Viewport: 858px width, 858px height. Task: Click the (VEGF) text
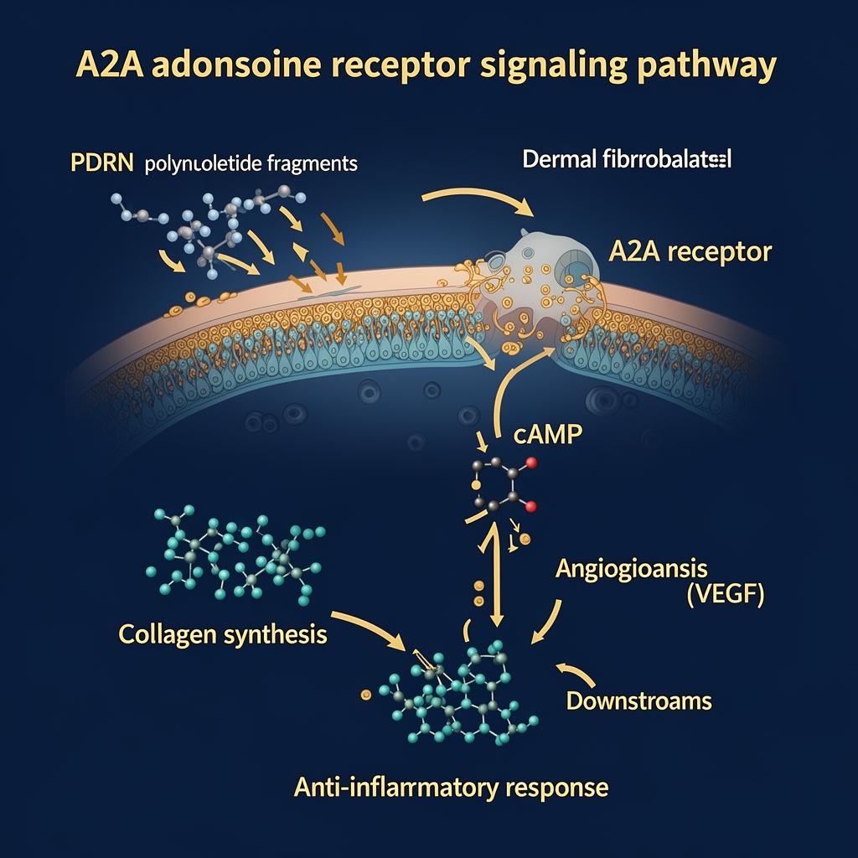(718, 597)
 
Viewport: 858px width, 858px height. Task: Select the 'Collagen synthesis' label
(223, 634)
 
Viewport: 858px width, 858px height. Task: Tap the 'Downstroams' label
(639, 700)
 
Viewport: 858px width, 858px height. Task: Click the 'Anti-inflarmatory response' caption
(451, 787)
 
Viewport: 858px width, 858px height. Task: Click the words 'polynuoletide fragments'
(251, 163)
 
